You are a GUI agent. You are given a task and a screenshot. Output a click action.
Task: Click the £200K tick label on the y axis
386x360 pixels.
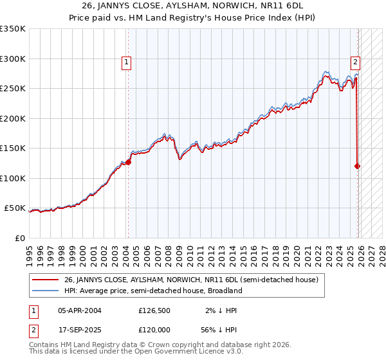(x=13, y=118)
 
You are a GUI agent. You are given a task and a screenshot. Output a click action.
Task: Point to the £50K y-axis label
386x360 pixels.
(x=15, y=208)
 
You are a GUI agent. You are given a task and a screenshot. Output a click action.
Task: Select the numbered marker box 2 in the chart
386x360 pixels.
(x=354, y=62)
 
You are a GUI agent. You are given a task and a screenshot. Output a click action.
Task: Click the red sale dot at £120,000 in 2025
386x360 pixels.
(x=358, y=166)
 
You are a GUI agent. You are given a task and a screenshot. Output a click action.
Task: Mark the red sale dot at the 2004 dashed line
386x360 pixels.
(x=128, y=162)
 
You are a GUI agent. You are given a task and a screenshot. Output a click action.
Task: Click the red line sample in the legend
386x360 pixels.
(x=46, y=280)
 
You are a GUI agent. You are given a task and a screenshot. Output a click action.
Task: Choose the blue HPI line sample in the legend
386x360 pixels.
(x=46, y=291)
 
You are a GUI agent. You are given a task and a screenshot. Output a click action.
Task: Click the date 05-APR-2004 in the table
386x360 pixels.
(x=79, y=309)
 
